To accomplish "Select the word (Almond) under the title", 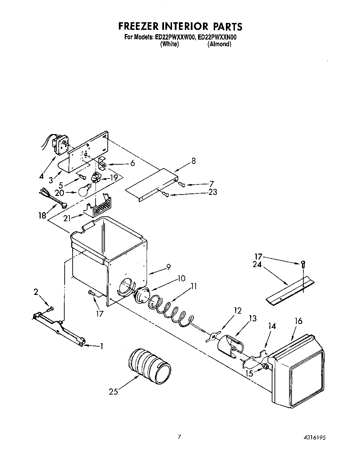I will [219, 44].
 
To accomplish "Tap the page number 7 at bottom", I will [179, 437].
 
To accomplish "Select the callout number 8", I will [193, 161].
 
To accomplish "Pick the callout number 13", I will [253, 318].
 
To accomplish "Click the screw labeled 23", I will [167, 195].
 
